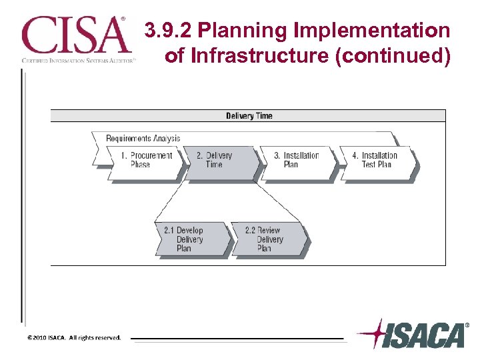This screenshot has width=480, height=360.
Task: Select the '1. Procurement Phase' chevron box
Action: click(x=145, y=161)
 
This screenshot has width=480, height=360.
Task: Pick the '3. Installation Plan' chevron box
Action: click(x=296, y=161)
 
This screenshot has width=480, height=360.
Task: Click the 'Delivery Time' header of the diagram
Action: click(x=249, y=116)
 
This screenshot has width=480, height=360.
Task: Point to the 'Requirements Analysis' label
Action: click(x=143, y=139)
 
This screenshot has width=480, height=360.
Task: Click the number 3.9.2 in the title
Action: click(x=169, y=31)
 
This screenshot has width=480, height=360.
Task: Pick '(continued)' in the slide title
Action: click(x=394, y=56)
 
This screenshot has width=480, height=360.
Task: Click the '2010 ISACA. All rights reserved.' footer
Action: click(x=74, y=338)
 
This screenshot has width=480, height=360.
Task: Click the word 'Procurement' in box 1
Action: click(x=151, y=156)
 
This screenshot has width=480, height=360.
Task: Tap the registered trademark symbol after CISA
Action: click(x=121, y=19)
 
